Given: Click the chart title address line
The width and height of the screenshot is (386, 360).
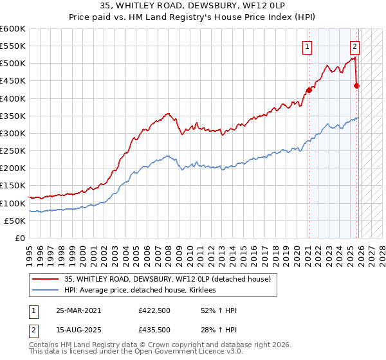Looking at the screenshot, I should (x=192, y=6).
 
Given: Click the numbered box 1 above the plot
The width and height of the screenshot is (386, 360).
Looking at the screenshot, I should (x=308, y=46).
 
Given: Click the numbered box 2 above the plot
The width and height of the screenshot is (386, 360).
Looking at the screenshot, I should (x=354, y=46).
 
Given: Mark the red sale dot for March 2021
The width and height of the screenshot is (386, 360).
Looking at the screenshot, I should (x=309, y=91).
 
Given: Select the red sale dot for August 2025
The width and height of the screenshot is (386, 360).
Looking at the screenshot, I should (x=357, y=85).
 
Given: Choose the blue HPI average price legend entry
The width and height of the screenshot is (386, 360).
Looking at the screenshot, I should (x=141, y=290).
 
